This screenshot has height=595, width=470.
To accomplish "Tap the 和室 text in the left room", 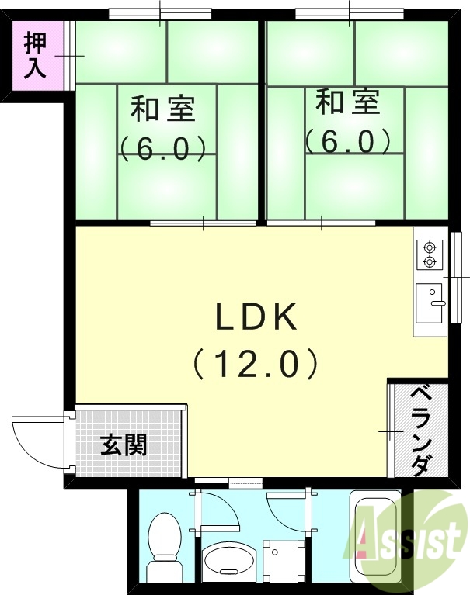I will click(162, 108).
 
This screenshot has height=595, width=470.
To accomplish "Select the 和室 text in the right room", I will click(348, 102).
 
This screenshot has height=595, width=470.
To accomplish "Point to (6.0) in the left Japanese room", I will click(162, 147).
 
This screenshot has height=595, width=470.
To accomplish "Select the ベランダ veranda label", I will click(419, 430).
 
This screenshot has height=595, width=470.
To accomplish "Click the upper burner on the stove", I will click(429, 248).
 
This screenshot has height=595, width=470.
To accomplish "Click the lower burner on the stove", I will click(429, 263).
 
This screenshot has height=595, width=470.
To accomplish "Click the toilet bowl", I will click(163, 535).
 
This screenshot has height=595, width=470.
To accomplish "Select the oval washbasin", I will click(228, 561).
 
